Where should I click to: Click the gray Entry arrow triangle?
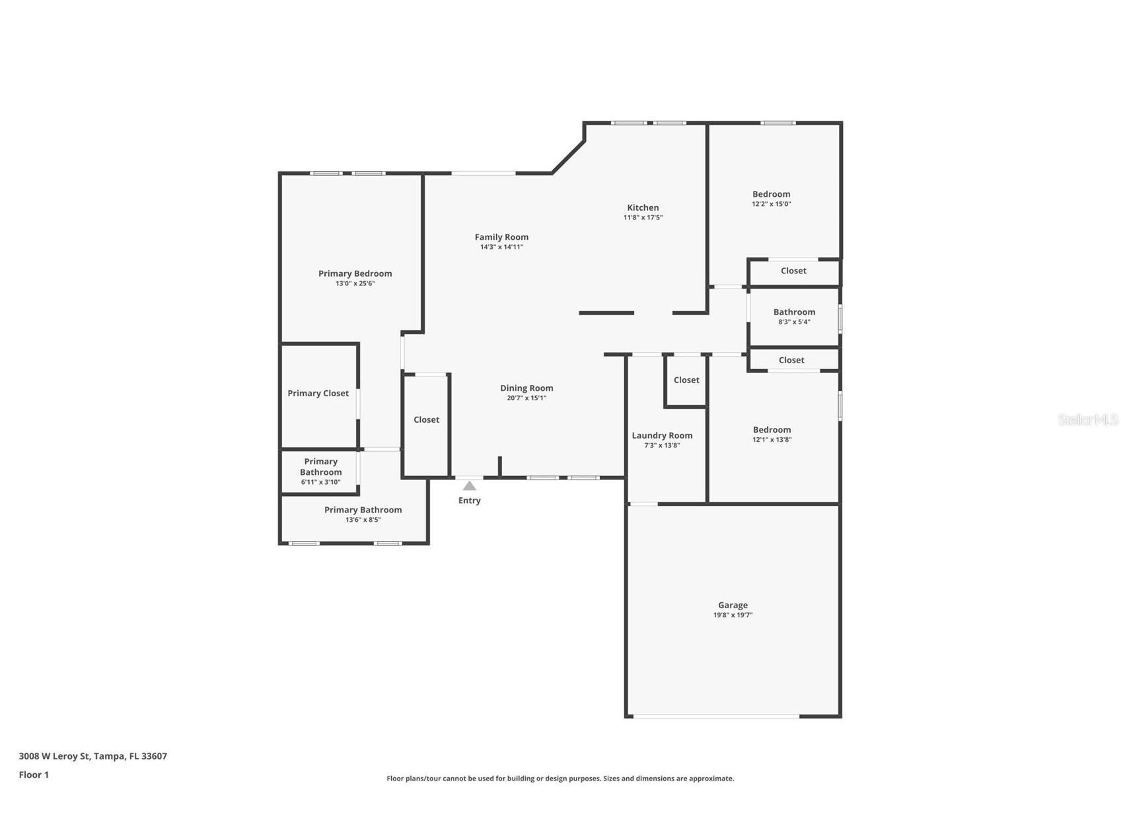(469, 486)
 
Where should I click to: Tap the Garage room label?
(733, 605)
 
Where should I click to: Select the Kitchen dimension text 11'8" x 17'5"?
(643, 217)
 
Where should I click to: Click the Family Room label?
(501, 237)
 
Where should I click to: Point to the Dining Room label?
(526, 388)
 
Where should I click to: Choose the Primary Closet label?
(318, 394)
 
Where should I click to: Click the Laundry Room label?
(662, 435)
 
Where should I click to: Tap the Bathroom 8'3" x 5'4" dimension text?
(794, 322)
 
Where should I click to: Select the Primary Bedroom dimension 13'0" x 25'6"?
(355, 283)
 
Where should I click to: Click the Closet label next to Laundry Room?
(686, 380)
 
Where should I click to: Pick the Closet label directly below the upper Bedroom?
(793, 271)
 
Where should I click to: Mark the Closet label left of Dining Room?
(426, 420)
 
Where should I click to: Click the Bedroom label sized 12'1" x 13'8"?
(772, 430)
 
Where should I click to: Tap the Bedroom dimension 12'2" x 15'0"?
(771, 204)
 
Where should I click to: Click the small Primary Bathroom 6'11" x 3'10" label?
(320, 472)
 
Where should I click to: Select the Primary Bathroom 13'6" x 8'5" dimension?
(363, 520)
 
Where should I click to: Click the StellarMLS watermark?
(1087, 420)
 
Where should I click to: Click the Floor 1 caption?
(34, 775)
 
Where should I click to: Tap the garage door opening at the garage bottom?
(715, 716)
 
